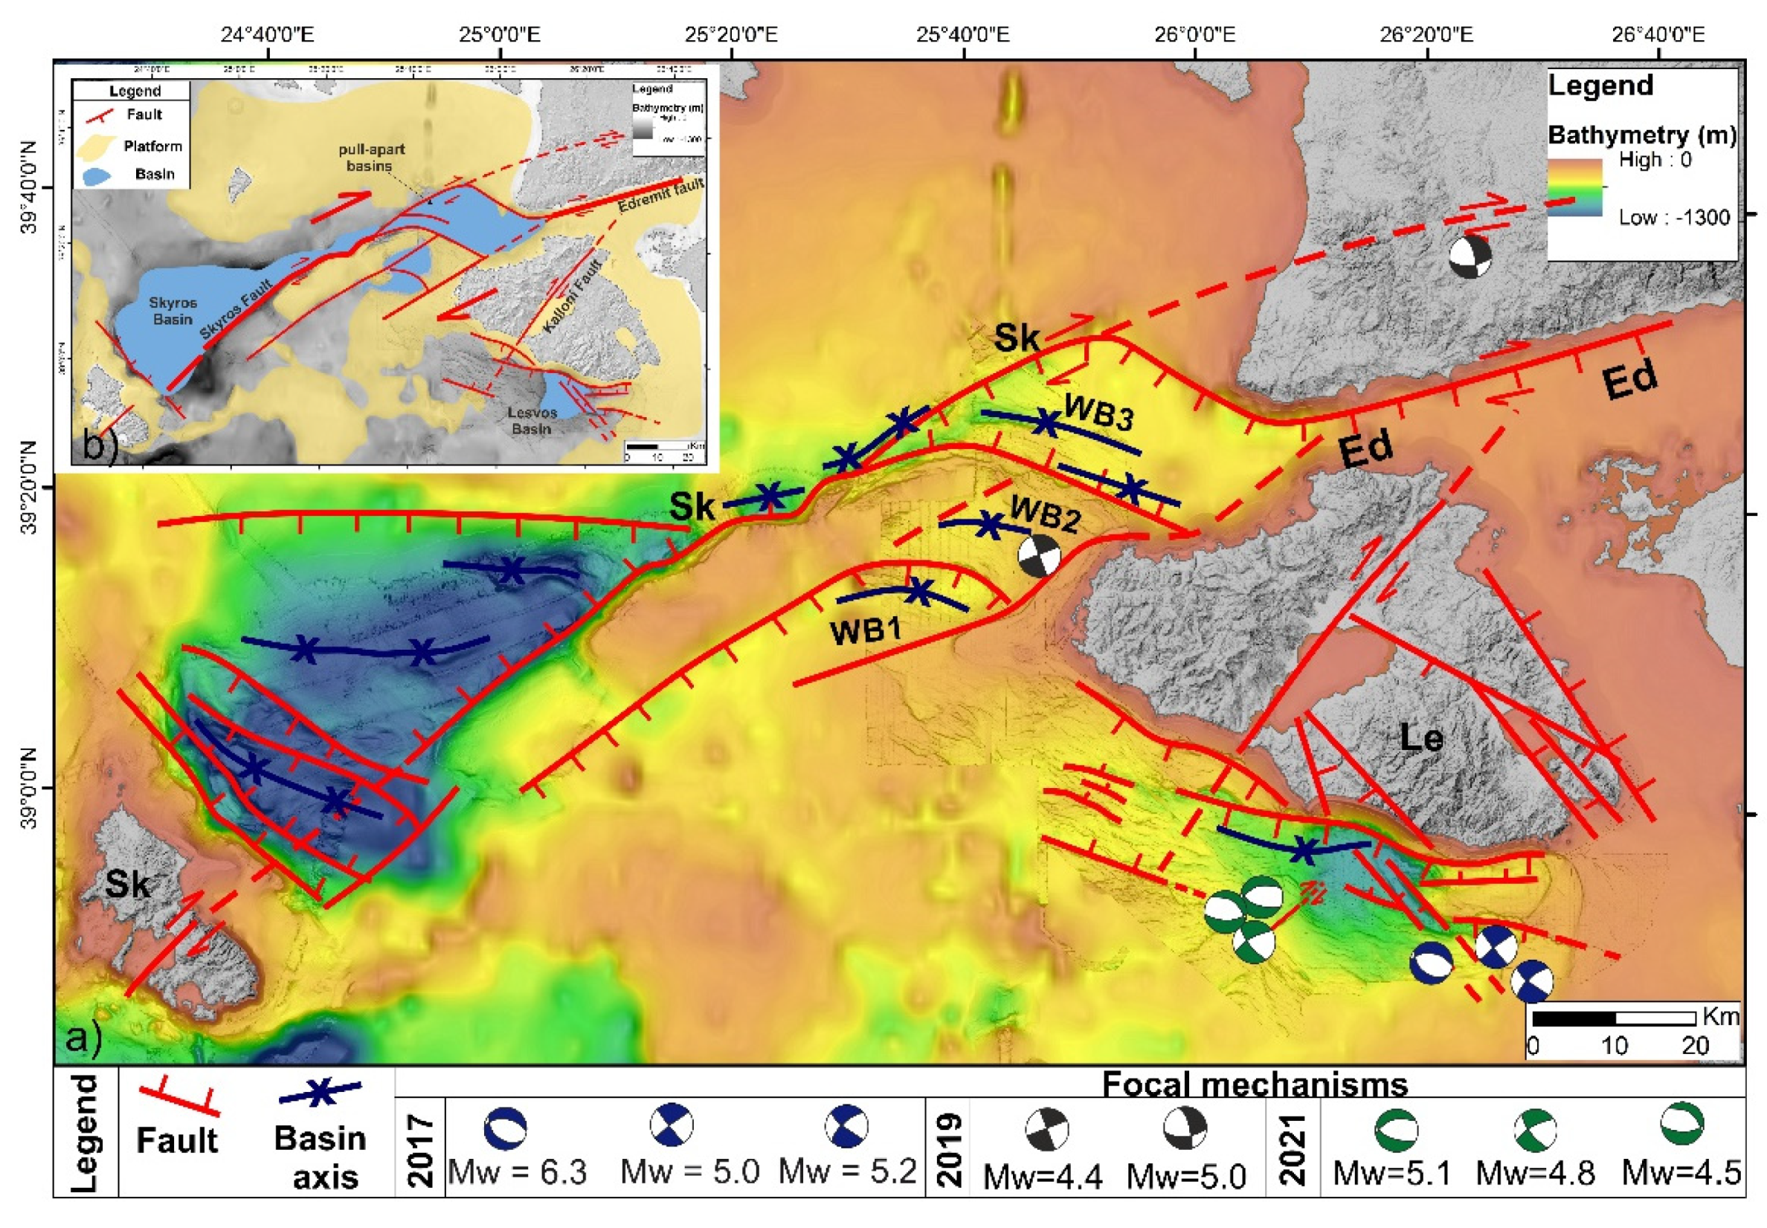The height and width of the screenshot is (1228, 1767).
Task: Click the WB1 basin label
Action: pos(866,631)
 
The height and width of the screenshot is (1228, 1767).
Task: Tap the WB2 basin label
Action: pos(1045,513)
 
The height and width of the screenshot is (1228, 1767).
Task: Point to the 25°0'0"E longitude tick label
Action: pos(501,35)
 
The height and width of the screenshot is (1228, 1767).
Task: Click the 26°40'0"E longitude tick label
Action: pos(1657,35)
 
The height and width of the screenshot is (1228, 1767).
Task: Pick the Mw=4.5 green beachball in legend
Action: pos(1681,1124)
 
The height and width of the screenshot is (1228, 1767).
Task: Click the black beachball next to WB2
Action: pos(1039,555)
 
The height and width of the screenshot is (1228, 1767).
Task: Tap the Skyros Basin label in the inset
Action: pos(173,310)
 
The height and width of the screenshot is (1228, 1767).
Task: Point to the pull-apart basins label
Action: pos(371,157)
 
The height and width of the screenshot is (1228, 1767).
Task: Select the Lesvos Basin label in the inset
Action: pos(532,420)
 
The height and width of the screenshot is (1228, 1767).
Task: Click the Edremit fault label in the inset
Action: pos(660,197)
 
